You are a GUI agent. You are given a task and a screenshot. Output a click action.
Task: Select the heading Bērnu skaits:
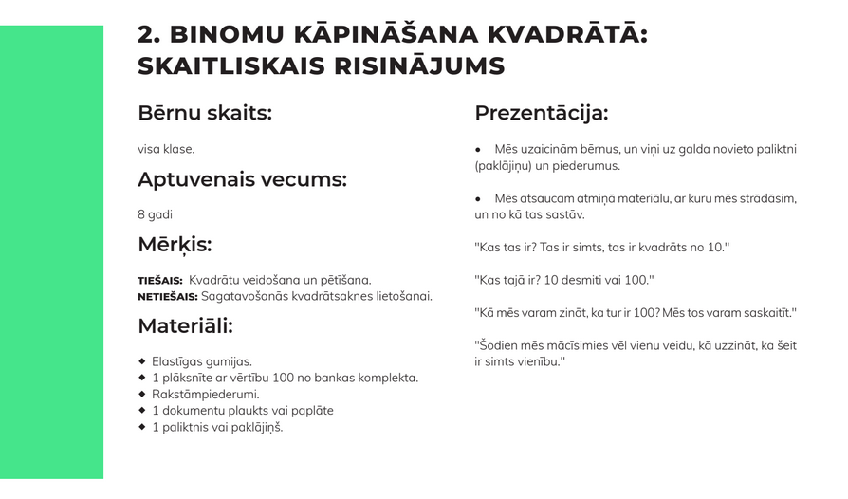(205, 113)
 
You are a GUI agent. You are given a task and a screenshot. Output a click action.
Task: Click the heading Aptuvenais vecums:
(242, 179)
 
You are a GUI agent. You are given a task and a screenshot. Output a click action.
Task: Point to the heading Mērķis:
(175, 245)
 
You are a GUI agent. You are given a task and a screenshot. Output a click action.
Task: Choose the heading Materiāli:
(185, 326)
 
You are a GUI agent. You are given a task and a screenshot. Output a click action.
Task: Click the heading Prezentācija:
(541, 113)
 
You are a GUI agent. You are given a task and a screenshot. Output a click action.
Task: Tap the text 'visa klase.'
(166, 149)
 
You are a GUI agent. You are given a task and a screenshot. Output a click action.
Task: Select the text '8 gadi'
(155, 214)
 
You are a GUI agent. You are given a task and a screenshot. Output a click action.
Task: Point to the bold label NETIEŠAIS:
(169, 297)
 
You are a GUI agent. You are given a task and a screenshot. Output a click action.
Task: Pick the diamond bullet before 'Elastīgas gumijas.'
(141, 361)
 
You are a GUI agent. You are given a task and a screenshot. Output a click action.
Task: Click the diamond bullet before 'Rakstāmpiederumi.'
(141, 394)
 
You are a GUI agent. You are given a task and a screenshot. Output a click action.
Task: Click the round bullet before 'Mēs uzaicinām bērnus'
(478, 150)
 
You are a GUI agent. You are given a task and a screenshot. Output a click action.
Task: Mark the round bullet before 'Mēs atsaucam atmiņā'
(478, 199)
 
